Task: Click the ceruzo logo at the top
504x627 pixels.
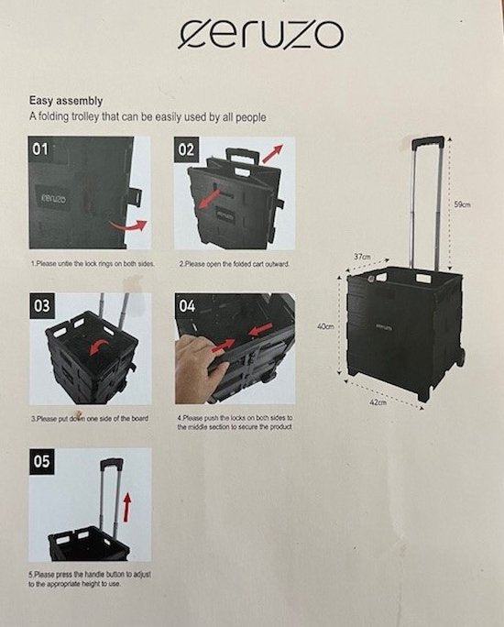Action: pos(261,35)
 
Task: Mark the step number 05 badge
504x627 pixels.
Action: pos(43,461)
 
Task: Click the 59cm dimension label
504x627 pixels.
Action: pos(463,204)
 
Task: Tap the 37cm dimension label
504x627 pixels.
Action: pos(362,257)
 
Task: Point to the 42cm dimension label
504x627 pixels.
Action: pos(378,402)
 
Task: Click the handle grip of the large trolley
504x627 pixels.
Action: pos(427,143)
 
